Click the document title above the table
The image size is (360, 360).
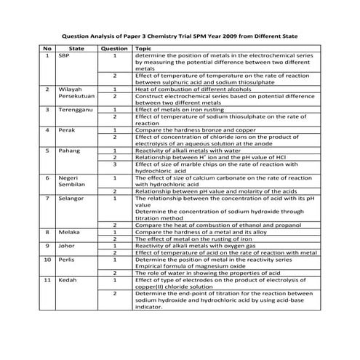179,35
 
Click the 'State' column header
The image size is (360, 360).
76,48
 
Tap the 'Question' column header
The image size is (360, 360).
113,48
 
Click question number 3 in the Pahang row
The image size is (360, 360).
114,164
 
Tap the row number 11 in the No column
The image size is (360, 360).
47,279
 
